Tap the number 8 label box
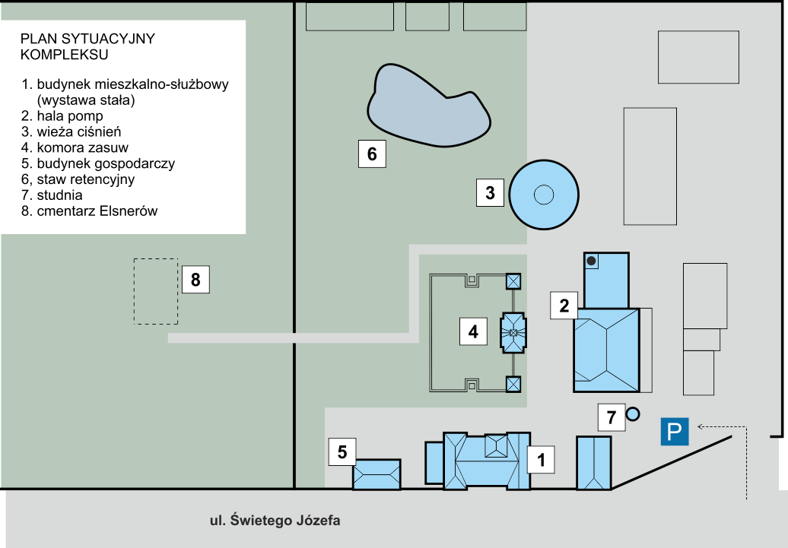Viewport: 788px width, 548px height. (x=195, y=280)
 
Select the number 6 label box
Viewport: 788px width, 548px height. (x=372, y=154)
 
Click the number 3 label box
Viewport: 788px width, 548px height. (x=490, y=193)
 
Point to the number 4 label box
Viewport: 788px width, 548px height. (x=473, y=331)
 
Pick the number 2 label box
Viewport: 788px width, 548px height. (x=564, y=306)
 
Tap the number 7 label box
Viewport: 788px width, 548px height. (x=611, y=417)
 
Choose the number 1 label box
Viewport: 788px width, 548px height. (x=541, y=459)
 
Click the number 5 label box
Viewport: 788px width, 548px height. (x=342, y=452)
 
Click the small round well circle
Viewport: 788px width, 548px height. (x=632, y=414)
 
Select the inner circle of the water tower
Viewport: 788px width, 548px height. (x=543, y=195)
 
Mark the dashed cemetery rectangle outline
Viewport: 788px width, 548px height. (x=156, y=292)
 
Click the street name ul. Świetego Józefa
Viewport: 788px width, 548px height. (x=275, y=521)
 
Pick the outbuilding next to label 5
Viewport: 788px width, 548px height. (x=377, y=474)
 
